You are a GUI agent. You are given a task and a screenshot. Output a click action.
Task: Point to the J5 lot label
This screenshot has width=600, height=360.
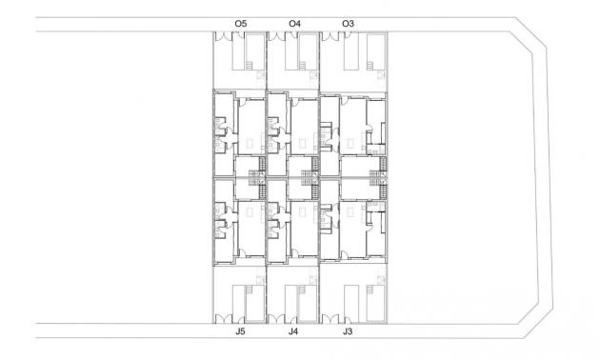click(240, 332)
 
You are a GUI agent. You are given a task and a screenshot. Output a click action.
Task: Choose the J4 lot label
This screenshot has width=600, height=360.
click(293, 332)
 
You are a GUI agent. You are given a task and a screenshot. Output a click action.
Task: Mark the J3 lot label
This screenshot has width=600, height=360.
click(348, 332)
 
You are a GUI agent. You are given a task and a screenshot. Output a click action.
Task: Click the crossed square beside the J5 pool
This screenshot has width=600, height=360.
click(260, 277)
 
